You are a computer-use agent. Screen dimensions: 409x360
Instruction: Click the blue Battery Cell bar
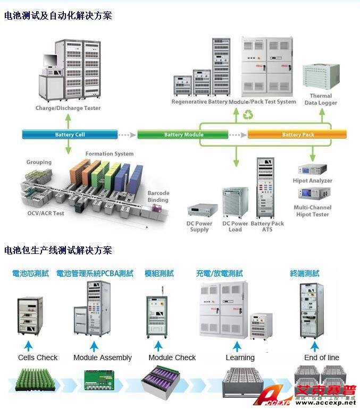[70, 134]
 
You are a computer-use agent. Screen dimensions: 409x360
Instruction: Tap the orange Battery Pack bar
[298, 134]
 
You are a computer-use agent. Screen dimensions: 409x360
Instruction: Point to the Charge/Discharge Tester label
[68, 108]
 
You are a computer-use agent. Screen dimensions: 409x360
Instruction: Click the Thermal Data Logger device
[321, 78]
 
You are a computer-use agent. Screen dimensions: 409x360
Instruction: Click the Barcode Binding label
[158, 197]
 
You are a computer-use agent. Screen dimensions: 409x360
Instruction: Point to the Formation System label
[110, 154]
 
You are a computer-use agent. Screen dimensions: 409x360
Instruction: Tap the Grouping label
[39, 162]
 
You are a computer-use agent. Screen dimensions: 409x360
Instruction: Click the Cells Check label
[38, 357]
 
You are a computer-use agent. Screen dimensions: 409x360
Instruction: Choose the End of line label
[321, 357]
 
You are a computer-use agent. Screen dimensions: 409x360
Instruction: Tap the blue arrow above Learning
[238, 346]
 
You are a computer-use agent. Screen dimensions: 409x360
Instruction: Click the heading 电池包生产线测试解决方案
[58, 250]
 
